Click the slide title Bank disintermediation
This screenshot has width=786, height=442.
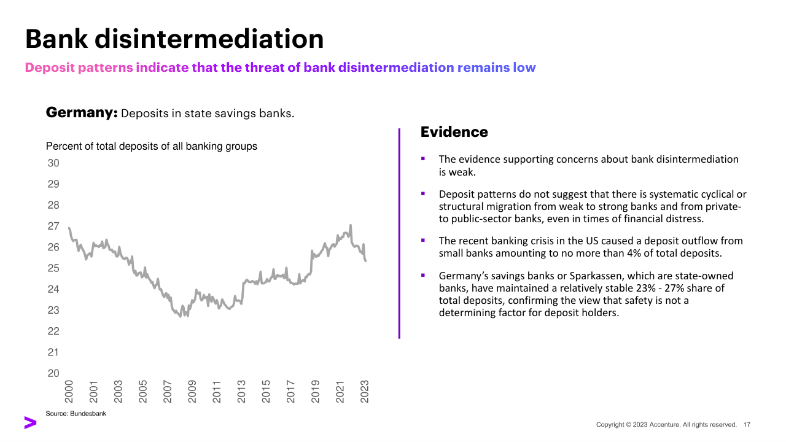point(174,39)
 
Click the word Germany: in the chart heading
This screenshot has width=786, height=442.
point(82,113)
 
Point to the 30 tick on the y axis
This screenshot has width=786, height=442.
point(53,163)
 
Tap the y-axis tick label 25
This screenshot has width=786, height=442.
point(53,268)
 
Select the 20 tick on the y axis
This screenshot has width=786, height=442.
point(53,373)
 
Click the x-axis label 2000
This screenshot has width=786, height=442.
point(69,391)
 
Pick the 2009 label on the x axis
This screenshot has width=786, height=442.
point(192,391)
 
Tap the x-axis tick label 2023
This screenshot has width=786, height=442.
point(364,391)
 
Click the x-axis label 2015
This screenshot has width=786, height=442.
point(266,391)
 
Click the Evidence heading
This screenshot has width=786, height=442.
point(454,132)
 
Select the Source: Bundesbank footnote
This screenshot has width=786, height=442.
point(76,414)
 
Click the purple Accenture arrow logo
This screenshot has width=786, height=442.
point(30,422)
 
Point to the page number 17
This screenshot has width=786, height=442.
point(747,425)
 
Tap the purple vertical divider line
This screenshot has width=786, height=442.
point(399,233)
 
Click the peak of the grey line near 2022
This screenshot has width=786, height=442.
point(350,225)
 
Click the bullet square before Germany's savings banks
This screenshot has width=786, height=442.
point(423,276)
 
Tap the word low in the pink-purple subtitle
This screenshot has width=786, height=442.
point(524,68)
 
